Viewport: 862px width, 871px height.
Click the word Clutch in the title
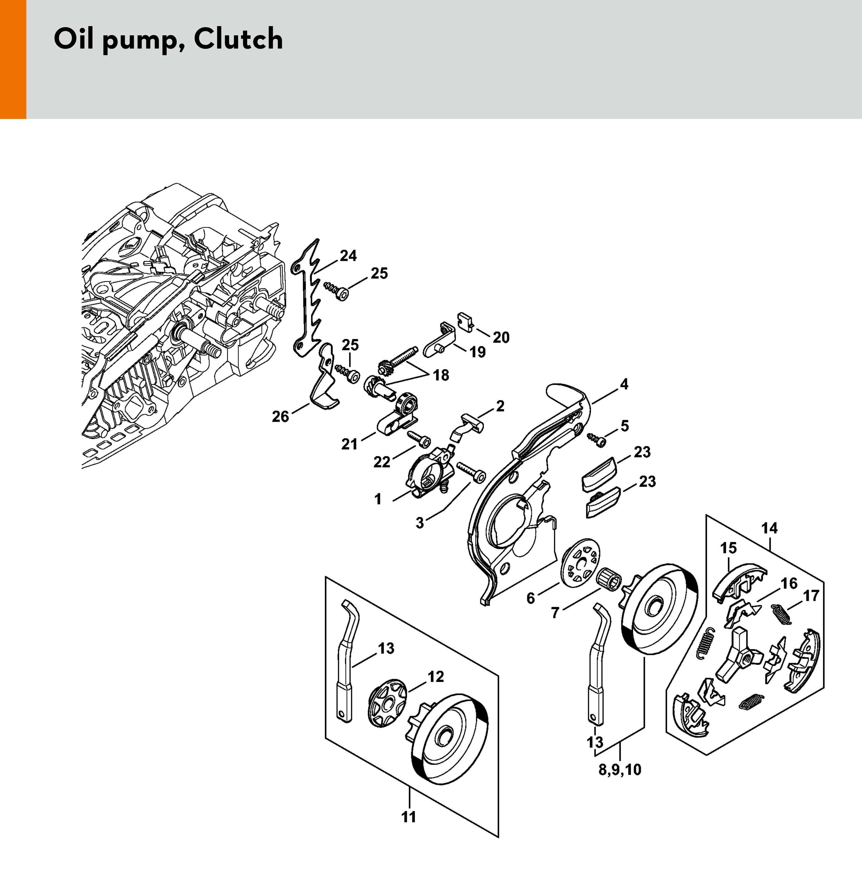[238, 39]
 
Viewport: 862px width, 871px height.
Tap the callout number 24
[348, 256]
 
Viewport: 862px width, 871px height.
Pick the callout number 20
[501, 337]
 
